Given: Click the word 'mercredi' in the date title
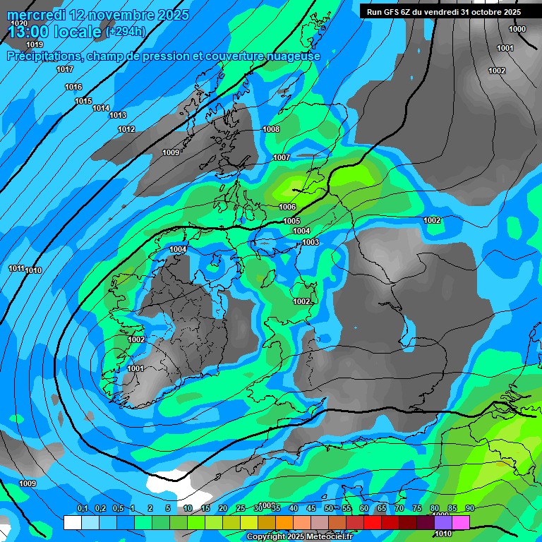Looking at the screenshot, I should coord(36,15).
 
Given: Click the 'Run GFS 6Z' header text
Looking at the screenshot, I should coord(390,12).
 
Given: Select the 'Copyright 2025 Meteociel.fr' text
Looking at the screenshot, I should coord(300,537).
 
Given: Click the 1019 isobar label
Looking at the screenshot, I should coord(35,45).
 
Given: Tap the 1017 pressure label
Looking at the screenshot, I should coord(65,69).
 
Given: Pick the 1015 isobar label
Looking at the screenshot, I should coord(83,101).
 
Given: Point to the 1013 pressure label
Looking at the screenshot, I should coord(118,115).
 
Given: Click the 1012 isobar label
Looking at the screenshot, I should coord(126,129).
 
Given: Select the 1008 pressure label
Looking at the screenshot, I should coord(271,129).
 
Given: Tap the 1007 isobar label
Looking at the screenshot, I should coord(282,157).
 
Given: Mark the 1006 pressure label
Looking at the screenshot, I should coord(287,207).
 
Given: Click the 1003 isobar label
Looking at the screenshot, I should coord(311,242).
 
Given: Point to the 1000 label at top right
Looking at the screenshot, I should coord(517,29).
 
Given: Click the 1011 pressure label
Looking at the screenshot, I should coord(16,268).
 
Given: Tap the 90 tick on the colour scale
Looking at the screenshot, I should coord(470,509).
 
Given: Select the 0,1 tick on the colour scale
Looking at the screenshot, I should coord(83,509).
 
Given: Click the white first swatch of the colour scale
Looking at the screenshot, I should coord(72,522).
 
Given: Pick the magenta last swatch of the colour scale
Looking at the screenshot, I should coord(461,522).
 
